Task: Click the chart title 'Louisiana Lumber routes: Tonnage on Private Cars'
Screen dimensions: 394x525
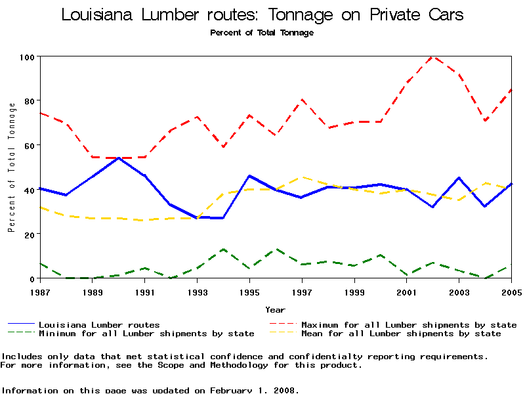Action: [x=262, y=14]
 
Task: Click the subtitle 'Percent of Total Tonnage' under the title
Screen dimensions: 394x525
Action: [x=262, y=33]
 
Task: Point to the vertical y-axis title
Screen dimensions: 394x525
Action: [x=11, y=167]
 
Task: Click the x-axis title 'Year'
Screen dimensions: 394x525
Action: [x=275, y=309]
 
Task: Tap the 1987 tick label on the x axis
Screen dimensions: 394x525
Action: [x=40, y=292]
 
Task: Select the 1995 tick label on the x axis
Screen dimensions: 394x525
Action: [x=249, y=292]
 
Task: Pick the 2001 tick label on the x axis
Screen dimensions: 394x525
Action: [x=407, y=292]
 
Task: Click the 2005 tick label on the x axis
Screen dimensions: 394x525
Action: [x=511, y=292]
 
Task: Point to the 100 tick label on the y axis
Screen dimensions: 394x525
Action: [x=26, y=57]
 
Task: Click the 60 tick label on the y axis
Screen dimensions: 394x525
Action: [x=28, y=145]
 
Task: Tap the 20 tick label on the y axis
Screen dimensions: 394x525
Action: [x=28, y=234]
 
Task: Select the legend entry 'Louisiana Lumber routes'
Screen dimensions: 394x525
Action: [x=99, y=325]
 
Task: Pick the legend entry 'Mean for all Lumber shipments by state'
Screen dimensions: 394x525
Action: [x=401, y=334]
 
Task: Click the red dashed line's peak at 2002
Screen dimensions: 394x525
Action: [x=432, y=56]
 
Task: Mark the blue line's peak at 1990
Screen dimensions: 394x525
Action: [x=118, y=158]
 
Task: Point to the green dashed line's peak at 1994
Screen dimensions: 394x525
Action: [x=223, y=249]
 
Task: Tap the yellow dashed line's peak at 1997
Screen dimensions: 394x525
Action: [x=301, y=177]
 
